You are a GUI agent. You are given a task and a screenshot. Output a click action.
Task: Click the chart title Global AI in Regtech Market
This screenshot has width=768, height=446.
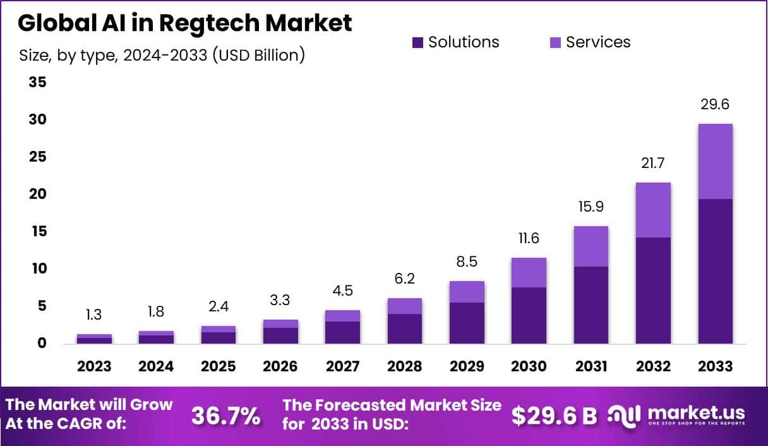click(184, 23)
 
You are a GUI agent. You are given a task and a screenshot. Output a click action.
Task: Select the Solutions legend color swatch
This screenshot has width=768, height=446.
click(417, 42)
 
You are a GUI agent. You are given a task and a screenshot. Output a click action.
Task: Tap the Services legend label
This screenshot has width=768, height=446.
click(597, 42)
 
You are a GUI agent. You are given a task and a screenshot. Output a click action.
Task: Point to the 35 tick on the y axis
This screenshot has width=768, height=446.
click(37, 83)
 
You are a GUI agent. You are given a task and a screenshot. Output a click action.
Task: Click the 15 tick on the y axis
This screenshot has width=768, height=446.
click(37, 232)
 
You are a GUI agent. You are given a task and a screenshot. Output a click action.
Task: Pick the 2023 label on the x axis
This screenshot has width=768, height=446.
click(94, 366)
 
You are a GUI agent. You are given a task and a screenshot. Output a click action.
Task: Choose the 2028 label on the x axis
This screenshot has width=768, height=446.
click(405, 366)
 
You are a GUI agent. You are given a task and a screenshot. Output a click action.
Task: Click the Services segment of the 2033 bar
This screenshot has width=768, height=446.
click(715, 161)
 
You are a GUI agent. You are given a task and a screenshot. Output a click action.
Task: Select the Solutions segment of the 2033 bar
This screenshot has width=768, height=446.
click(715, 272)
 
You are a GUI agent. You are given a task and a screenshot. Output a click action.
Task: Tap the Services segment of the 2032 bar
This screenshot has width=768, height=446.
click(653, 210)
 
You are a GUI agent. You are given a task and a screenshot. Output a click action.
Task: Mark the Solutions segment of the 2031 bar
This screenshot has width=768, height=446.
click(591, 305)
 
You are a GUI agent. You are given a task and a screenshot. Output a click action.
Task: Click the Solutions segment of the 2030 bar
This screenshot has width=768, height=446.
click(529, 315)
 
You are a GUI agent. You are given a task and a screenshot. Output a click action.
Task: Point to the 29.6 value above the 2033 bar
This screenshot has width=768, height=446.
click(715, 105)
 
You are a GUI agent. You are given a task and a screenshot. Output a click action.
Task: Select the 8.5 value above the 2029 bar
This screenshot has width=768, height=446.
click(467, 261)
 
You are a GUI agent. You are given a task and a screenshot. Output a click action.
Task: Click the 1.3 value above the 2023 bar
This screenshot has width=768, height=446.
click(94, 315)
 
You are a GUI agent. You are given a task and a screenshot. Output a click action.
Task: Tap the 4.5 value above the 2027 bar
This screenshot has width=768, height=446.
click(342, 291)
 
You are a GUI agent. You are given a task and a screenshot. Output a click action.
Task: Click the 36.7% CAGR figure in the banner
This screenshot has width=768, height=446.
click(225, 416)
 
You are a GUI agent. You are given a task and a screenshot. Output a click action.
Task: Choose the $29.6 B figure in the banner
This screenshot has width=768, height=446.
click(554, 416)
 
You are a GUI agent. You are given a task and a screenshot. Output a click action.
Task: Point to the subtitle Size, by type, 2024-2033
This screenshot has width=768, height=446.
click(162, 56)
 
